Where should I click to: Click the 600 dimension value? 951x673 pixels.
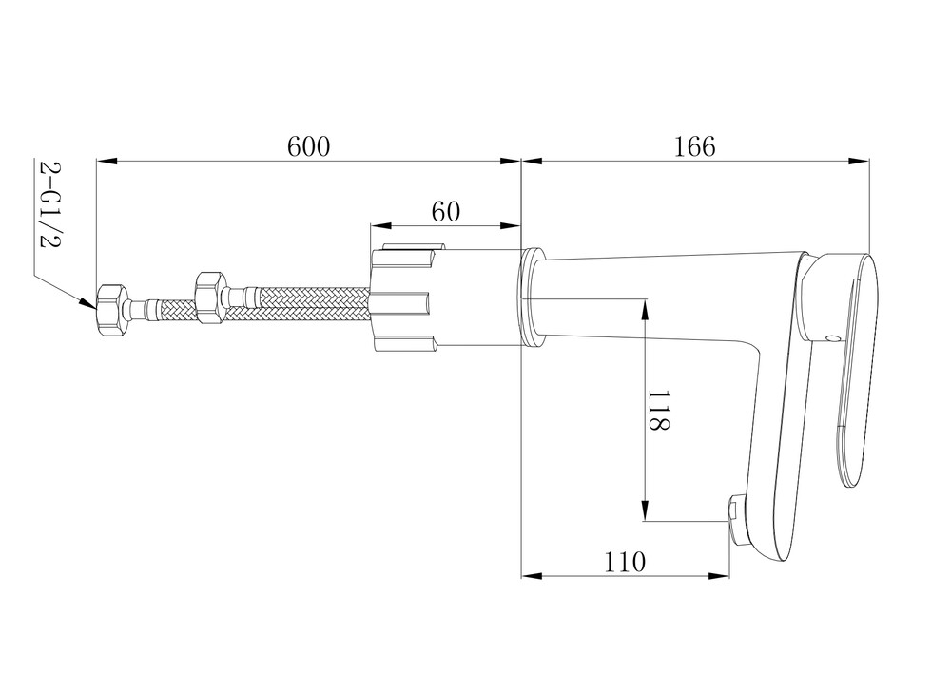[309, 146]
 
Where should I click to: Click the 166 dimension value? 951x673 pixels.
[695, 146]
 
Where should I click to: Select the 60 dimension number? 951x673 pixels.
[446, 212]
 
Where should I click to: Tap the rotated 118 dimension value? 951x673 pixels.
[659, 410]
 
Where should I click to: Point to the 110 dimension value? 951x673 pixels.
[625, 562]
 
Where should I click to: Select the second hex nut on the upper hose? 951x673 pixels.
[211, 297]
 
